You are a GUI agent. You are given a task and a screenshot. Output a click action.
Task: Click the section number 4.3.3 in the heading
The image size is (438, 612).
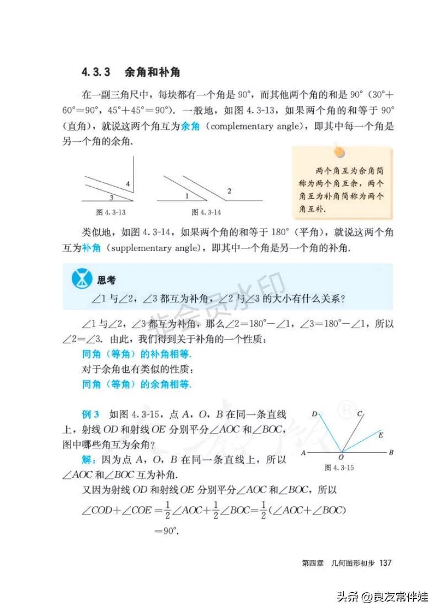click(97, 72)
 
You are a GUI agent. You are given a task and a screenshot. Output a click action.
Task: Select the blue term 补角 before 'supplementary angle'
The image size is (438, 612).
click(91, 248)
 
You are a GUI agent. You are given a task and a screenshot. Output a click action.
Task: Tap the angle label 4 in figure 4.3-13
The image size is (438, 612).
click(127, 183)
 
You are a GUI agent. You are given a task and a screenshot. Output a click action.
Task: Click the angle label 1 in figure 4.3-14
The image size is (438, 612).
click(186, 196)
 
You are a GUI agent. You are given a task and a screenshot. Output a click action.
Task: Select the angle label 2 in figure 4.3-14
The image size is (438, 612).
click(229, 191)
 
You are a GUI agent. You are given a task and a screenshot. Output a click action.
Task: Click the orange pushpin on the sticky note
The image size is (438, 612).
click(338, 149)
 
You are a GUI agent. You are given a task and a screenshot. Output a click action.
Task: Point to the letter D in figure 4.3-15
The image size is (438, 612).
click(314, 413)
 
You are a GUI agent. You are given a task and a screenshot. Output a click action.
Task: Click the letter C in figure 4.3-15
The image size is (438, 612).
click(359, 413)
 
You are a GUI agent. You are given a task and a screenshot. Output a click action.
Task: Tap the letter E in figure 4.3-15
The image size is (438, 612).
click(380, 435)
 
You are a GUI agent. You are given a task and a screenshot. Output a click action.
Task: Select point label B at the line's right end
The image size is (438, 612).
click(391, 453)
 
